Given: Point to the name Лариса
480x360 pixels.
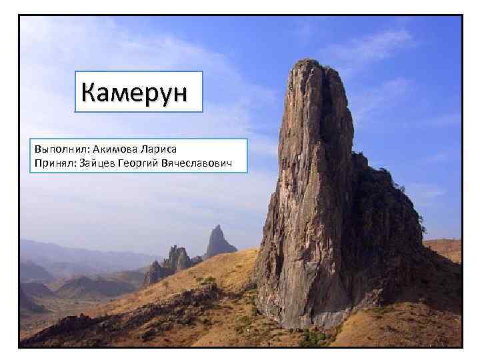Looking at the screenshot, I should pos(161,150).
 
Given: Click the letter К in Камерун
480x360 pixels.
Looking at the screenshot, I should pos(89,92).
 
